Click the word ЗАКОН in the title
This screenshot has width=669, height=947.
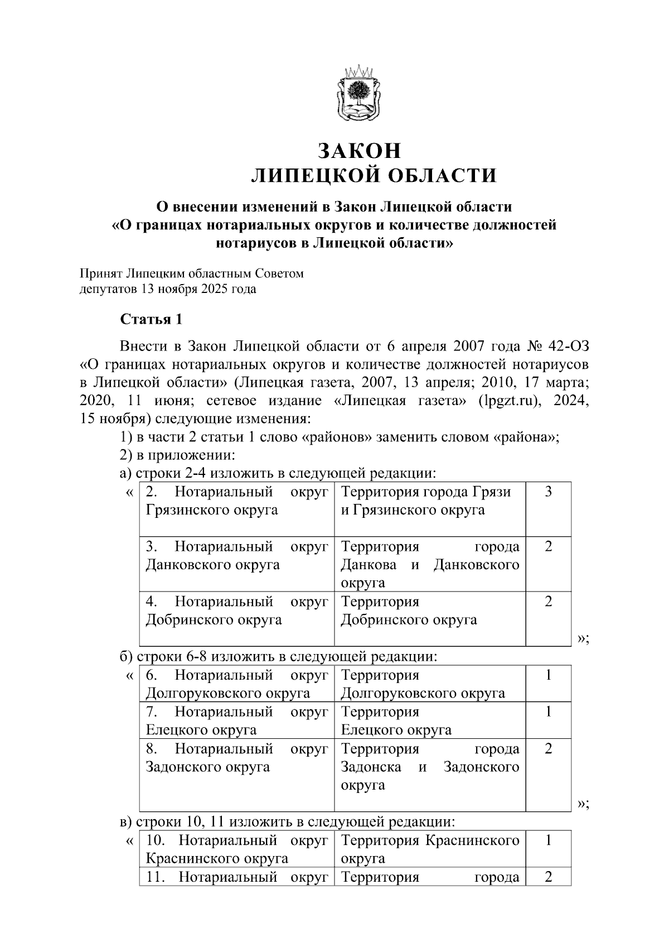click(x=359, y=151)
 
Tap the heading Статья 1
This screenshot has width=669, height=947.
click(x=151, y=320)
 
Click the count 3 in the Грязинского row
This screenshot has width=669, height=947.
click(x=548, y=492)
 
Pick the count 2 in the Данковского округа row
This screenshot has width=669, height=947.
click(x=548, y=546)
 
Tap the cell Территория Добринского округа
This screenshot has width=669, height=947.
click(x=409, y=611)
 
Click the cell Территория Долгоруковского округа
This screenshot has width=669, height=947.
click(x=423, y=684)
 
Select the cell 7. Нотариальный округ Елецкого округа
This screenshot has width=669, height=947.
click(x=236, y=720)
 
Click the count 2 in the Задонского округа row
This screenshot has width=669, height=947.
click(x=548, y=749)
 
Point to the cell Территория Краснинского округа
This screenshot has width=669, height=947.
click(x=430, y=849)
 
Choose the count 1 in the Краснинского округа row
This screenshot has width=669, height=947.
click(x=548, y=840)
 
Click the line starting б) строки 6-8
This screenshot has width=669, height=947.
click(x=279, y=656)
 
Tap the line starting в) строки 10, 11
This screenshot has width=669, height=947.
click(x=288, y=821)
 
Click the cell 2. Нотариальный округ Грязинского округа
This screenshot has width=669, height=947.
click(x=236, y=501)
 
